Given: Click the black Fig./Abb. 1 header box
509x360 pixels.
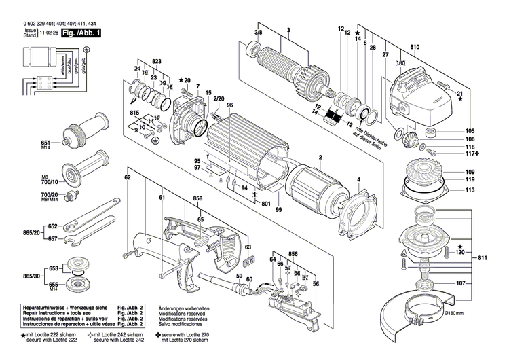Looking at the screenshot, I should point(81,33).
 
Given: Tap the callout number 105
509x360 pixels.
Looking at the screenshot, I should point(470,131).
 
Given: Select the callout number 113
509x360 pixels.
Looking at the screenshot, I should point(470,191).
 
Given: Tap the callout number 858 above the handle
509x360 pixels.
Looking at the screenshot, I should point(197,198).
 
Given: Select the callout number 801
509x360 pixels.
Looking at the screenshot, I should point(266,202).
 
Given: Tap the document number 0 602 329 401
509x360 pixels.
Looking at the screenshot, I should point(27,23).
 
